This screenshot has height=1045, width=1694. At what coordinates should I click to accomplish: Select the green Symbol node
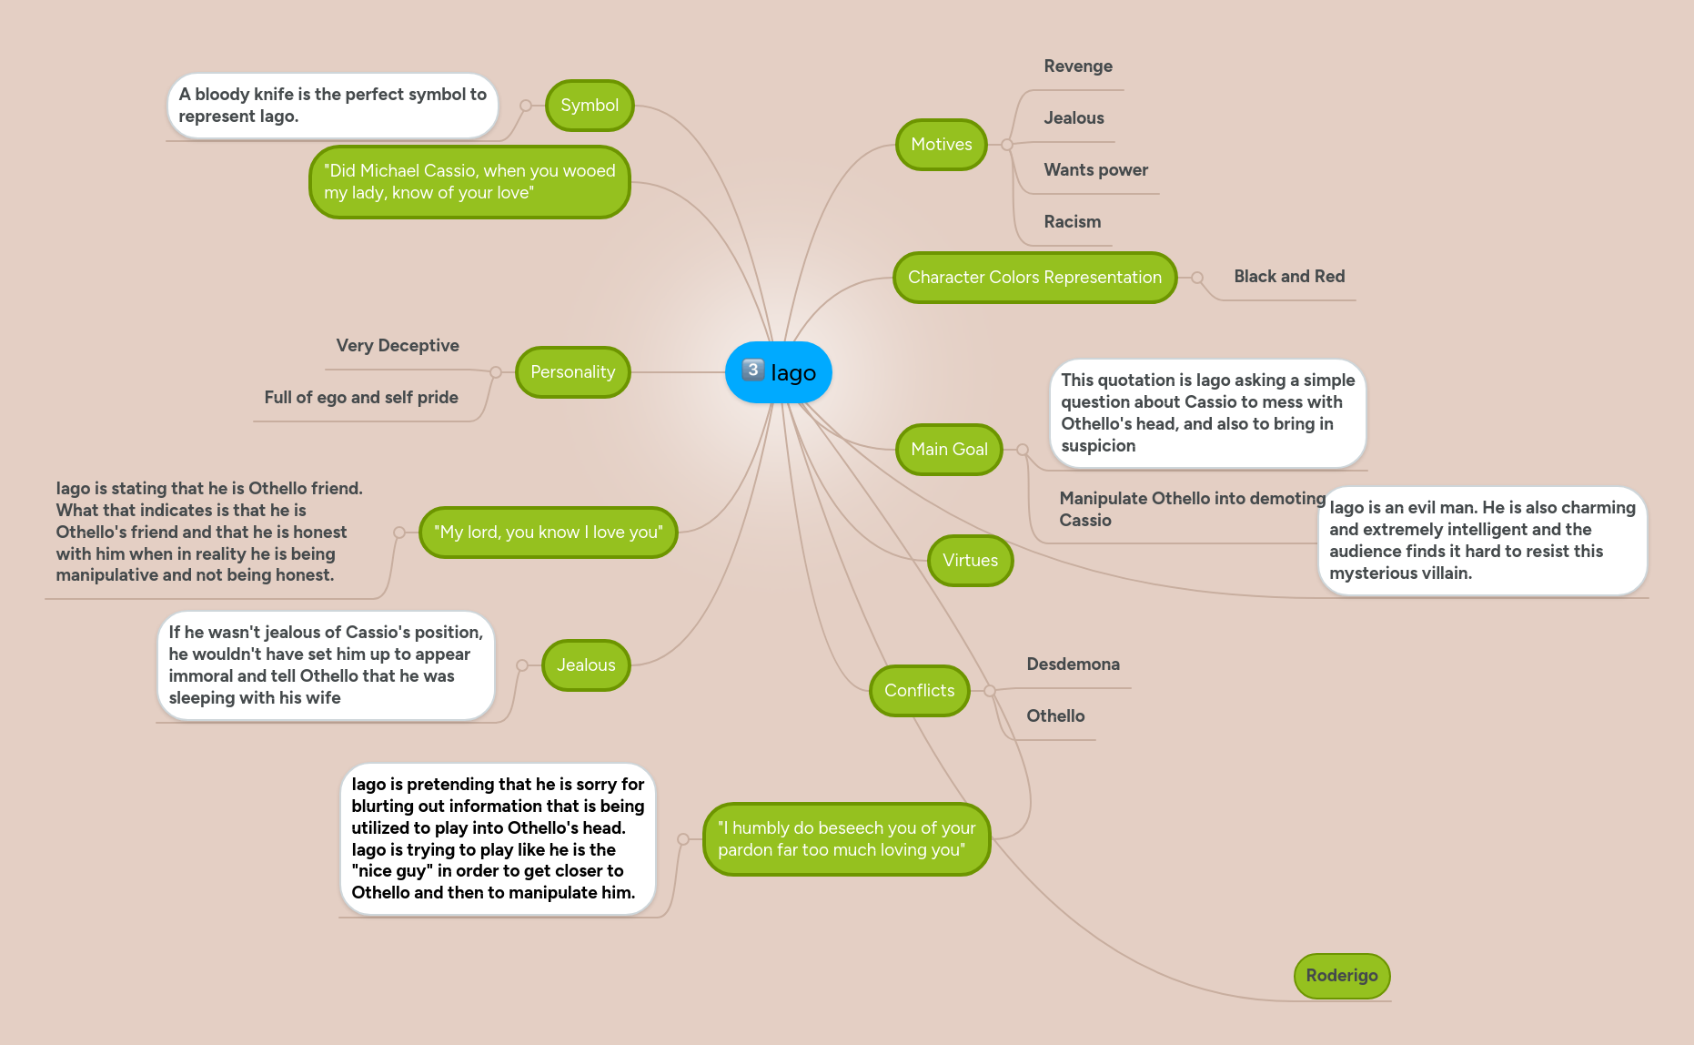(x=589, y=106)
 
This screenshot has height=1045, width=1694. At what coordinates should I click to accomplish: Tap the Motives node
(x=941, y=145)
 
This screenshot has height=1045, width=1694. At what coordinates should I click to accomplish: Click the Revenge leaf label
(x=1077, y=66)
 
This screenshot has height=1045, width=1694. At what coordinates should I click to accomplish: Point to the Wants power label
(x=1094, y=170)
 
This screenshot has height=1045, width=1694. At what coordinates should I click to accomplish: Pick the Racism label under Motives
(x=1072, y=222)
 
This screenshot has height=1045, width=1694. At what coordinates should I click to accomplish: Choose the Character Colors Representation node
(x=1034, y=278)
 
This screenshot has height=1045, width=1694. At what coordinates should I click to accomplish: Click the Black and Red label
(x=1288, y=277)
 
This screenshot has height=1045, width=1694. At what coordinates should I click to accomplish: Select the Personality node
(x=572, y=372)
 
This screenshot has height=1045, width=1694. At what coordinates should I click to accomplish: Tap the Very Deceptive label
(x=397, y=346)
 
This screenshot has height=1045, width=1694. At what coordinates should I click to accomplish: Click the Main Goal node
(x=948, y=450)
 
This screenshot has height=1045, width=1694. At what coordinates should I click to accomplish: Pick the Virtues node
(x=970, y=561)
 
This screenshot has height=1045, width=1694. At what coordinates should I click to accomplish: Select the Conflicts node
(x=919, y=691)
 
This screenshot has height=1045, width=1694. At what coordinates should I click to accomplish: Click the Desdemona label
(x=1073, y=665)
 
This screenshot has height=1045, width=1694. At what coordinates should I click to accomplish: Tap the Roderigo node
(x=1341, y=976)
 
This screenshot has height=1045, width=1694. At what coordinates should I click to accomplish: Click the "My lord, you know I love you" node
(x=548, y=533)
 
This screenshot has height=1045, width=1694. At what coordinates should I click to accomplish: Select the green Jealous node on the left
(x=585, y=665)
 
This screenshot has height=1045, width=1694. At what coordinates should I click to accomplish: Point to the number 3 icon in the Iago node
(x=752, y=370)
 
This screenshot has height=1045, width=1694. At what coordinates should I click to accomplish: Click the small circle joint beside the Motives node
(x=1007, y=145)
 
